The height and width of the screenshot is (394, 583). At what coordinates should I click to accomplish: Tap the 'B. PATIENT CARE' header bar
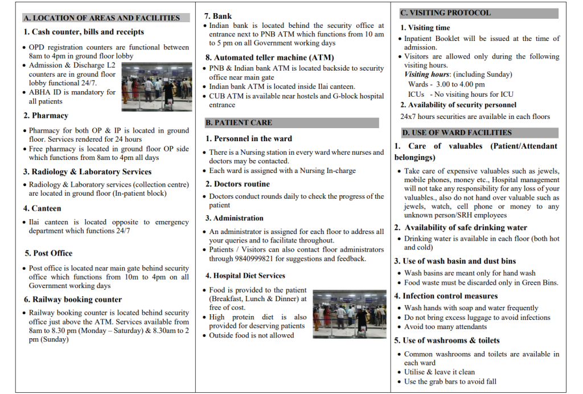click(291, 122)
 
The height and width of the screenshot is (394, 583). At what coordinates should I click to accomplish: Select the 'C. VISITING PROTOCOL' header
click(478, 13)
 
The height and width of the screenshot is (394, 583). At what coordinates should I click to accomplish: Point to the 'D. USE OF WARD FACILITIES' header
click(478, 133)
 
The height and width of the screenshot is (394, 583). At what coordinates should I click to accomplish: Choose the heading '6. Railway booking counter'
click(73, 299)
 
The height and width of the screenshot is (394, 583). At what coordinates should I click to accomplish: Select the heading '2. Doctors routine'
click(237, 184)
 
